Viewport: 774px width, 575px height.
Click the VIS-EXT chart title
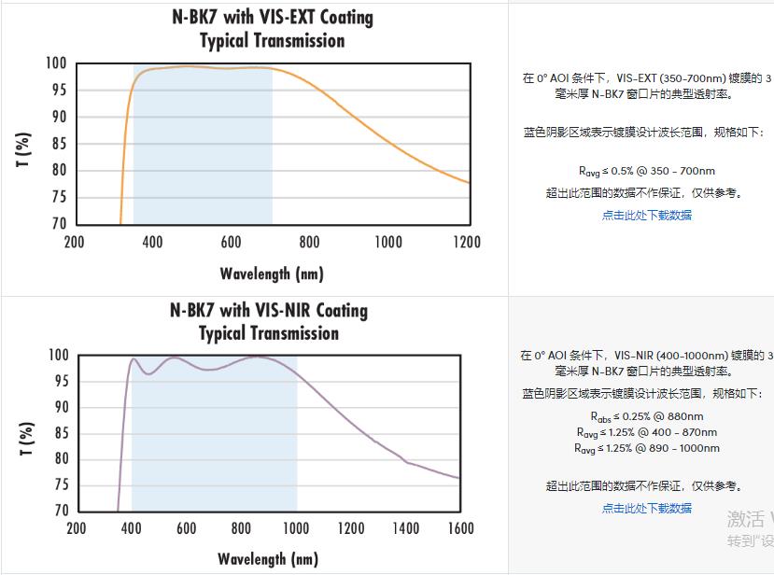tap(273, 29)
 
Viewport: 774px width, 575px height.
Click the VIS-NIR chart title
tap(269, 321)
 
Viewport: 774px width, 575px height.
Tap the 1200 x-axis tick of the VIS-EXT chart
tap(467, 243)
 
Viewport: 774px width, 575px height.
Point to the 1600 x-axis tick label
tap(460, 528)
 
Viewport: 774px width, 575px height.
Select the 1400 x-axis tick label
tap(406, 528)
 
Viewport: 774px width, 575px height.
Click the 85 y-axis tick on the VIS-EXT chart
tap(58, 143)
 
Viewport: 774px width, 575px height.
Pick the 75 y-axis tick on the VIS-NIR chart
tap(58, 484)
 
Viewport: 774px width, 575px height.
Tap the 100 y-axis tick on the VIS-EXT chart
tap(55, 63)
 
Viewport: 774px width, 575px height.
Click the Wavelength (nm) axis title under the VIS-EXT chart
tap(272, 273)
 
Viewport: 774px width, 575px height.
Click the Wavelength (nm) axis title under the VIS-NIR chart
tap(268, 559)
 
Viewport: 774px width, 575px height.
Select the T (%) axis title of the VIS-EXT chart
tap(24, 149)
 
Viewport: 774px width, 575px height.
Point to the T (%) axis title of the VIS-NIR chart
tap(25, 438)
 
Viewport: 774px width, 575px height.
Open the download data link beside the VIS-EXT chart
tap(646, 215)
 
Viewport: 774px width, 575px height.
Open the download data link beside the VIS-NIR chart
tap(646, 508)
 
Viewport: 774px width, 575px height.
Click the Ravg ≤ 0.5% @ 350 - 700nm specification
tap(646, 171)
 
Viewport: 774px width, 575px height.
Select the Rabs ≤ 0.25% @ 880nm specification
tap(646, 416)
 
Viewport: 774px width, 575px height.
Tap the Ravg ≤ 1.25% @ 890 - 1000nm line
tap(646, 448)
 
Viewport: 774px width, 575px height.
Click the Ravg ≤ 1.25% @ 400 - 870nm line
tap(646, 432)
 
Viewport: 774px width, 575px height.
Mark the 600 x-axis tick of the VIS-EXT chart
tap(232, 243)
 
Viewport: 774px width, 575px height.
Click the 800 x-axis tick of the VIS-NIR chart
tap(242, 528)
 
